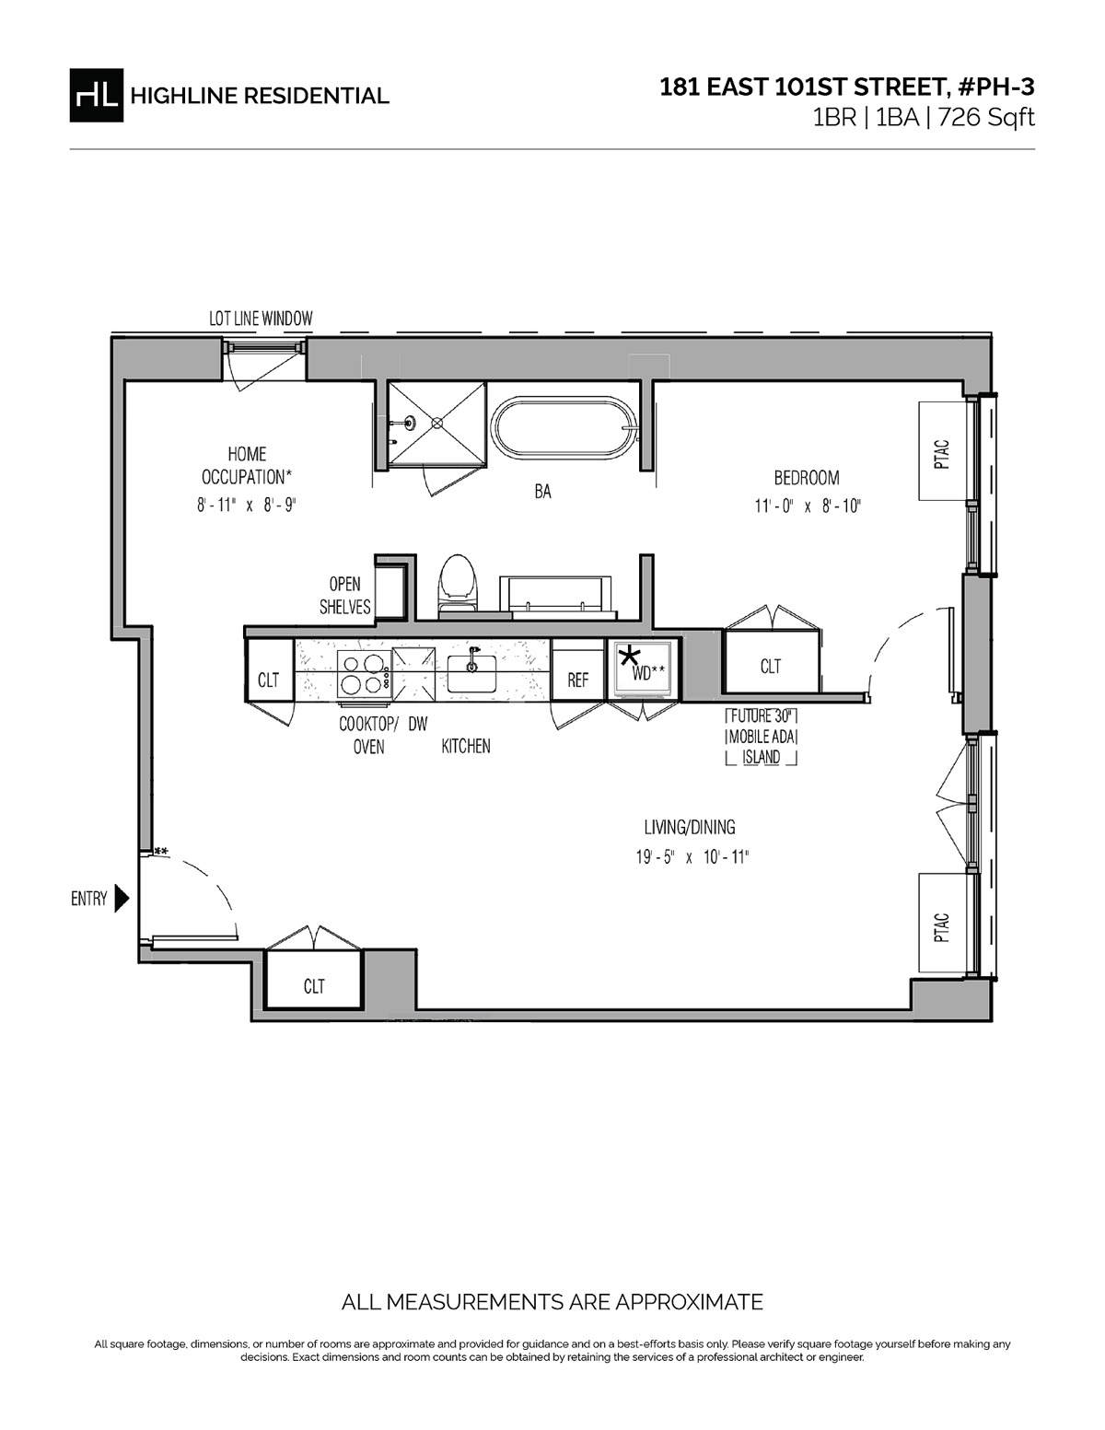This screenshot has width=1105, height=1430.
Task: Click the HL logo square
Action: (96, 96)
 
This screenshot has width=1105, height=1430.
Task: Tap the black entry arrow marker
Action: (122, 899)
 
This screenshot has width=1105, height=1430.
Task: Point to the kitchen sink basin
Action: (471, 673)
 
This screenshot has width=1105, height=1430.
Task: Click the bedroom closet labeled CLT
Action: (771, 661)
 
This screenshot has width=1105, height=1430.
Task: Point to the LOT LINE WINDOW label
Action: (261, 320)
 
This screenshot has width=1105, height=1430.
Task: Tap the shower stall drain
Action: (436, 424)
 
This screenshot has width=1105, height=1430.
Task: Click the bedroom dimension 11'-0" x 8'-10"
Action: (808, 506)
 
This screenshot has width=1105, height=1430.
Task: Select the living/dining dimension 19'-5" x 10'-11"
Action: (693, 857)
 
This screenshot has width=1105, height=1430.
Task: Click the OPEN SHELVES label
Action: (345, 596)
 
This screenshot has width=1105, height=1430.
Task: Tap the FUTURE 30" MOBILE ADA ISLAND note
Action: (762, 737)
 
